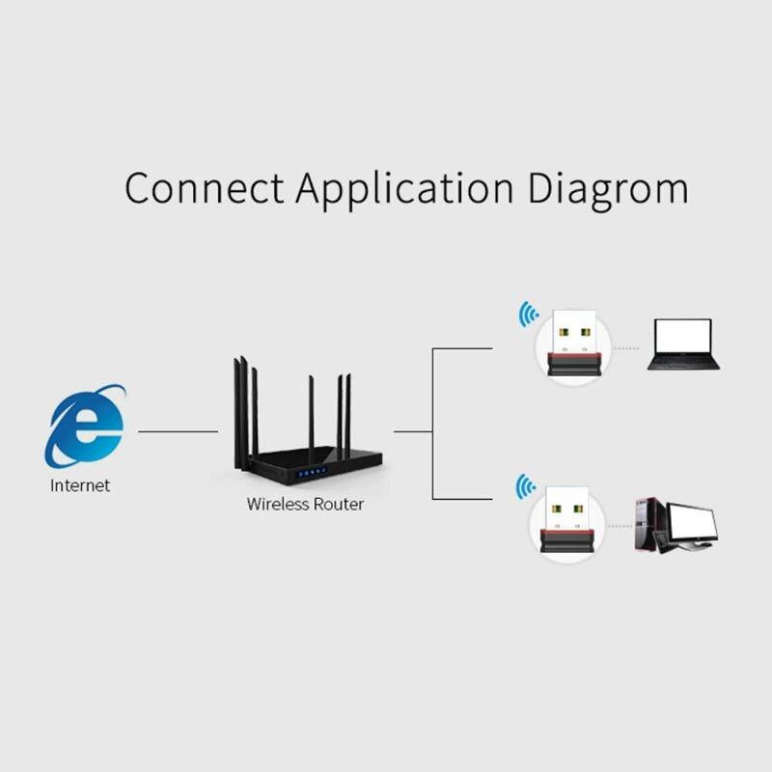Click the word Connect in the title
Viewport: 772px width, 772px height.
tap(205, 188)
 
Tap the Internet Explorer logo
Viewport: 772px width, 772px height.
tap(85, 427)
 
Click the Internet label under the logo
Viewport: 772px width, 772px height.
tap(80, 485)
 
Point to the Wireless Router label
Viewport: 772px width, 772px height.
tap(305, 504)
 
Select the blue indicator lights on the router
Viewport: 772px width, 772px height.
tap(312, 473)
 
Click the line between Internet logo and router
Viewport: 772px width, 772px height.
tap(179, 431)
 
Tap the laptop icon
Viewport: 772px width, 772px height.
tap(683, 344)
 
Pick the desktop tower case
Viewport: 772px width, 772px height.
tap(649, 524)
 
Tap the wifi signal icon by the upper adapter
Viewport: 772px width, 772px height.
tap(528, 314)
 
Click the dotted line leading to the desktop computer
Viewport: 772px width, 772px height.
tap(620, 526)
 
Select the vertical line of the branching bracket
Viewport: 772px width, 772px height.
tap(432, 425)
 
